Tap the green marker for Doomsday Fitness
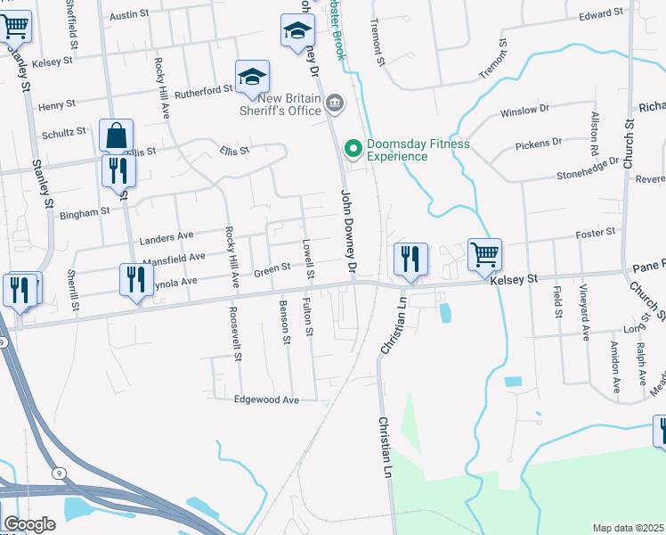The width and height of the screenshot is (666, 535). click(x=353, y=149)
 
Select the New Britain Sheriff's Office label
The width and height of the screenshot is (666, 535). click(x=280, y=104)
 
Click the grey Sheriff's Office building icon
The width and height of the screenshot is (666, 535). click(x=334, y=104)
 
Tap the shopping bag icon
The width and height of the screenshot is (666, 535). click(x=116, y=136)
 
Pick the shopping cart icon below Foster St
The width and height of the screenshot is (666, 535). click(x=484, y=254)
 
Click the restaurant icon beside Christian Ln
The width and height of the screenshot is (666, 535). click(x=410, y=259)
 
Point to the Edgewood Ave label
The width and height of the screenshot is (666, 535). click(x=266, y=400)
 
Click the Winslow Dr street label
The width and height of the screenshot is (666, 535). click(x=525, y=111)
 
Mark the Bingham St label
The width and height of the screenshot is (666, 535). click(x=84, y=213)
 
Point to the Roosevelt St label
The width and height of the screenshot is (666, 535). click(x=236, y=333)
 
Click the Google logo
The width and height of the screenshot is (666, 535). click(x=29, y=524)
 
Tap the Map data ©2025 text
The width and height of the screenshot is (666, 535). click(x=628, y=528)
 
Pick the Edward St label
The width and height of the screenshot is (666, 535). click(x=600, y=15)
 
